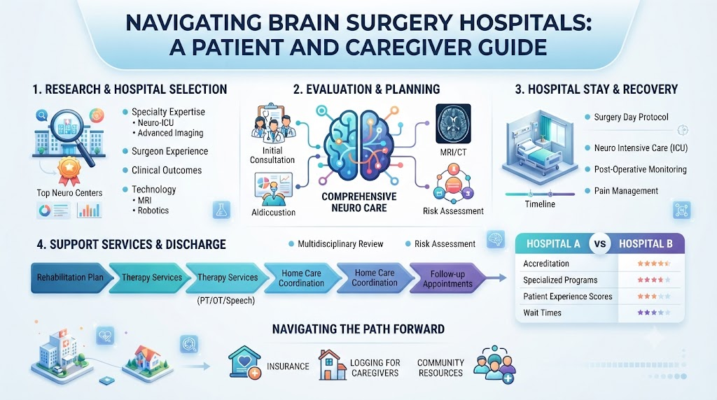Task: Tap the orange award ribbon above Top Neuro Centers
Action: click(69, 172)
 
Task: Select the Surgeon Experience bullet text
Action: click(169, 151)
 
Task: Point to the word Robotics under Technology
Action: click(153, 210)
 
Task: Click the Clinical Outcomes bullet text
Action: click(167, 171)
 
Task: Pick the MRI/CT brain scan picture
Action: click(453, 123)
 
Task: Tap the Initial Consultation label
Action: click(272, 155)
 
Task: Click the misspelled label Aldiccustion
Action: click(274, 213)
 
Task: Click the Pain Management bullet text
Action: click(626, 191)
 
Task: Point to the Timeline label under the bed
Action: click(540, 204)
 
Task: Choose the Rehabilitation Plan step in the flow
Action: click(71, 277)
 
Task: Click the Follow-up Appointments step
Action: click(447, 278)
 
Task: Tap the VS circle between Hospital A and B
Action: click(599, 244)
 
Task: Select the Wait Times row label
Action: click(543, 313)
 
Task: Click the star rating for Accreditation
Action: click(654, 264)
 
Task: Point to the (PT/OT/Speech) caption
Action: click(226, 301)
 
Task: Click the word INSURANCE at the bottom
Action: click(288, 366)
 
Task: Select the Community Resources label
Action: click(441, 368)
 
